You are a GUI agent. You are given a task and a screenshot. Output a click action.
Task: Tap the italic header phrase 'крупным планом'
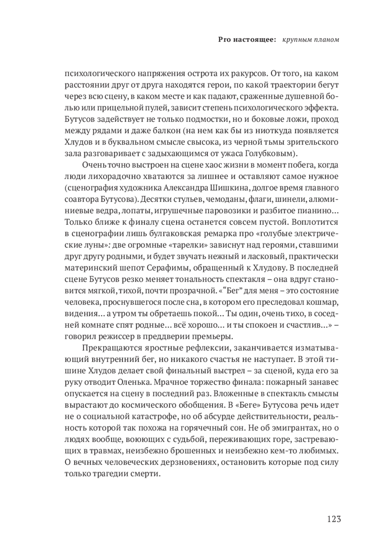point(310,40)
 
